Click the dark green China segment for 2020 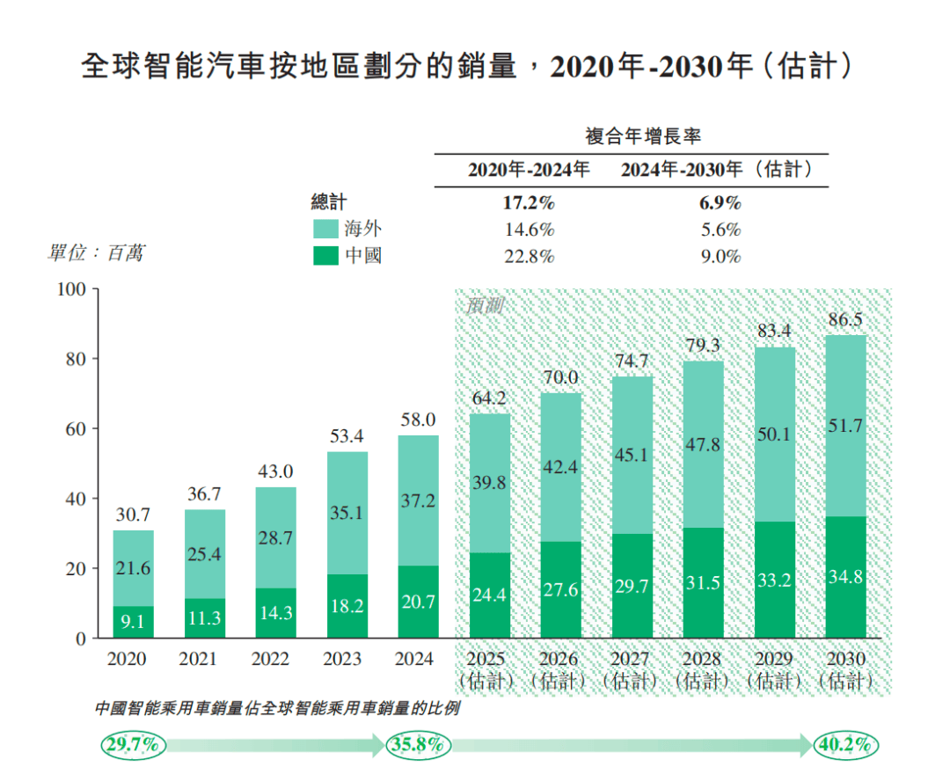tap(133, 622)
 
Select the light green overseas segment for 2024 tap(418, 500)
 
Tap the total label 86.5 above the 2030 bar tap(845, 320)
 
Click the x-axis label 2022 tap(275, 659)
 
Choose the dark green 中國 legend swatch tap(326, 257)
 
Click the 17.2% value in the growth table tap(528, 203)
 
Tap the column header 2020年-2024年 tap(528, 170)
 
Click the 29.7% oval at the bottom tap(133, 745)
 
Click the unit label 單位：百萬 tap(95, 253)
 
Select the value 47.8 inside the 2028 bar tap(703, 445)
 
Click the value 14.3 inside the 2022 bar tap(275, 613)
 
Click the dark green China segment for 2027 tap(632, 586)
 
